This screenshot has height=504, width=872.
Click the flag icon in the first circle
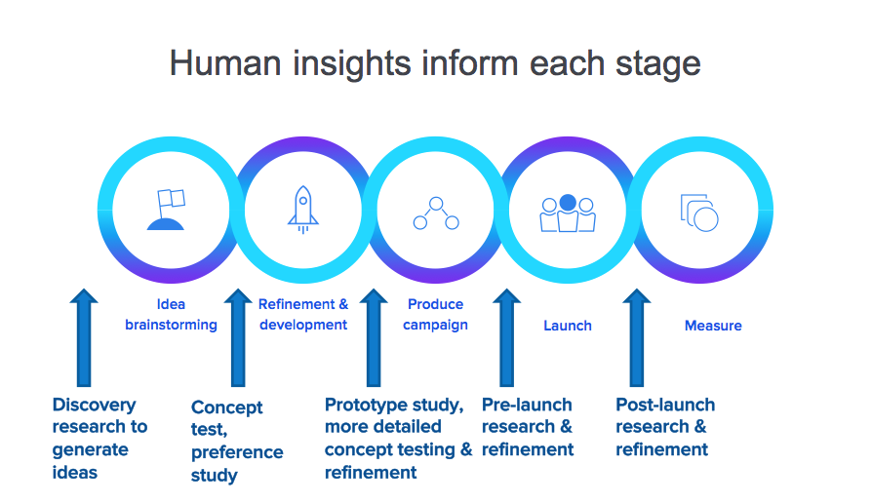(166, 210)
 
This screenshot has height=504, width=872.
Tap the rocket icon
(303, 210)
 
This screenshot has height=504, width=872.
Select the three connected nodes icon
(436, 213)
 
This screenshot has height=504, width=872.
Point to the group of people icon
(568, 213)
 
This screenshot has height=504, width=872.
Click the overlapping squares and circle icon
(699, 213)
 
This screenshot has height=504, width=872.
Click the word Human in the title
(225, 62)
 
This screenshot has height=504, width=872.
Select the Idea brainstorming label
(171, 315)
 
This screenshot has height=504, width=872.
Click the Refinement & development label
(303, 315)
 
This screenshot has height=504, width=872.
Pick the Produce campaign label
(435, 315)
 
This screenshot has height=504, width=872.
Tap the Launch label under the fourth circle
(568, 326)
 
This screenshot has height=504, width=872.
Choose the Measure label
(713, 326)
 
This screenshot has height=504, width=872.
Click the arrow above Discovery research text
(84, 337)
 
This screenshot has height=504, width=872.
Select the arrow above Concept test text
(238, 337)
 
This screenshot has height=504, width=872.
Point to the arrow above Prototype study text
(374, 337)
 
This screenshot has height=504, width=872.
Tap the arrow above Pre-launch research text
(506, 337)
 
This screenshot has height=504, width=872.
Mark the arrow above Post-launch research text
(637, 337)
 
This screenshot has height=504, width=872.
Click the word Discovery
(94, 406)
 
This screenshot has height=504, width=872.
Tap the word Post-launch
(665, 406)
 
